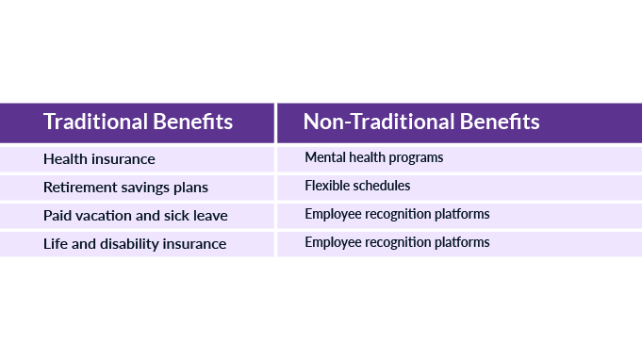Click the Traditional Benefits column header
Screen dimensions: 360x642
tap(138, 123)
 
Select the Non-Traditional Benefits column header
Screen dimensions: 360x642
tap(420, 123)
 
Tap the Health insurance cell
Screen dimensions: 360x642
tap(99, 159)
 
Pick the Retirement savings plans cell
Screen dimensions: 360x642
tap(125, 188)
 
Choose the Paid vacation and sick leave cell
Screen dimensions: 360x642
tap(135, 216)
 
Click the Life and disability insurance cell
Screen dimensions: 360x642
tap(135, 244)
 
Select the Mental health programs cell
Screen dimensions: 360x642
tap(373, 158)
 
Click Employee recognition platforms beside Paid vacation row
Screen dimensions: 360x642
tap(397, 215)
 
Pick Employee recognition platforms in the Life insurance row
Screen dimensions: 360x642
tap(397, 243)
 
